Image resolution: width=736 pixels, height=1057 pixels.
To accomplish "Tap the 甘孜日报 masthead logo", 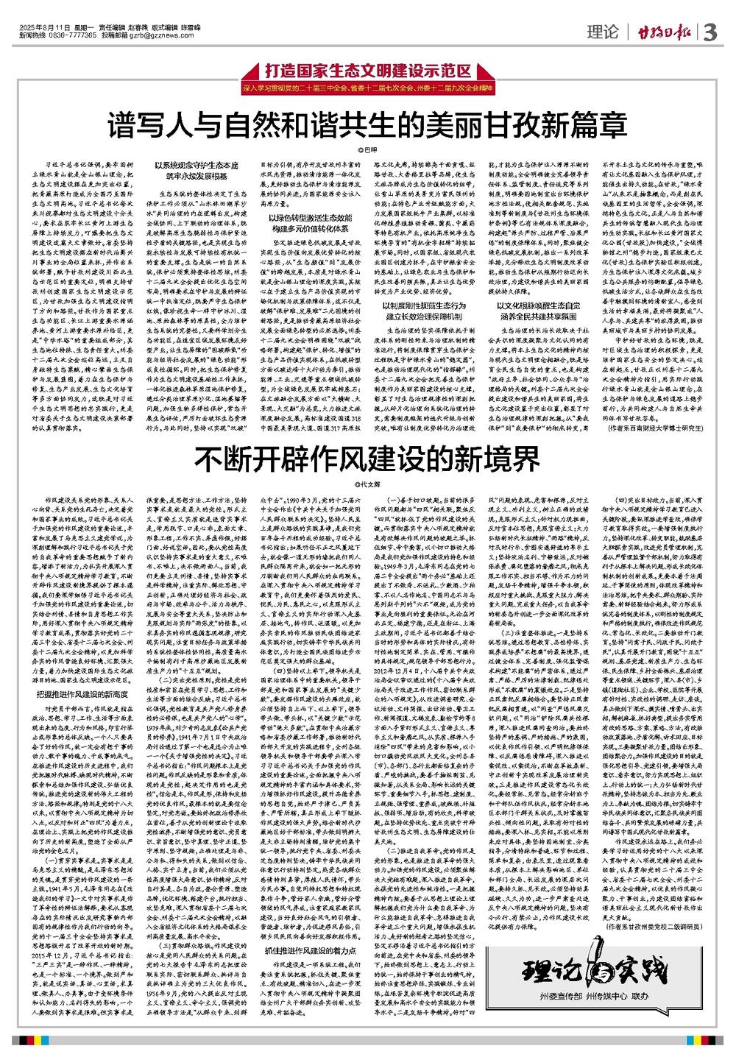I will point(662,33).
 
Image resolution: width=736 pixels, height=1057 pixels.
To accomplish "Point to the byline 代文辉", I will point(366,484).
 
